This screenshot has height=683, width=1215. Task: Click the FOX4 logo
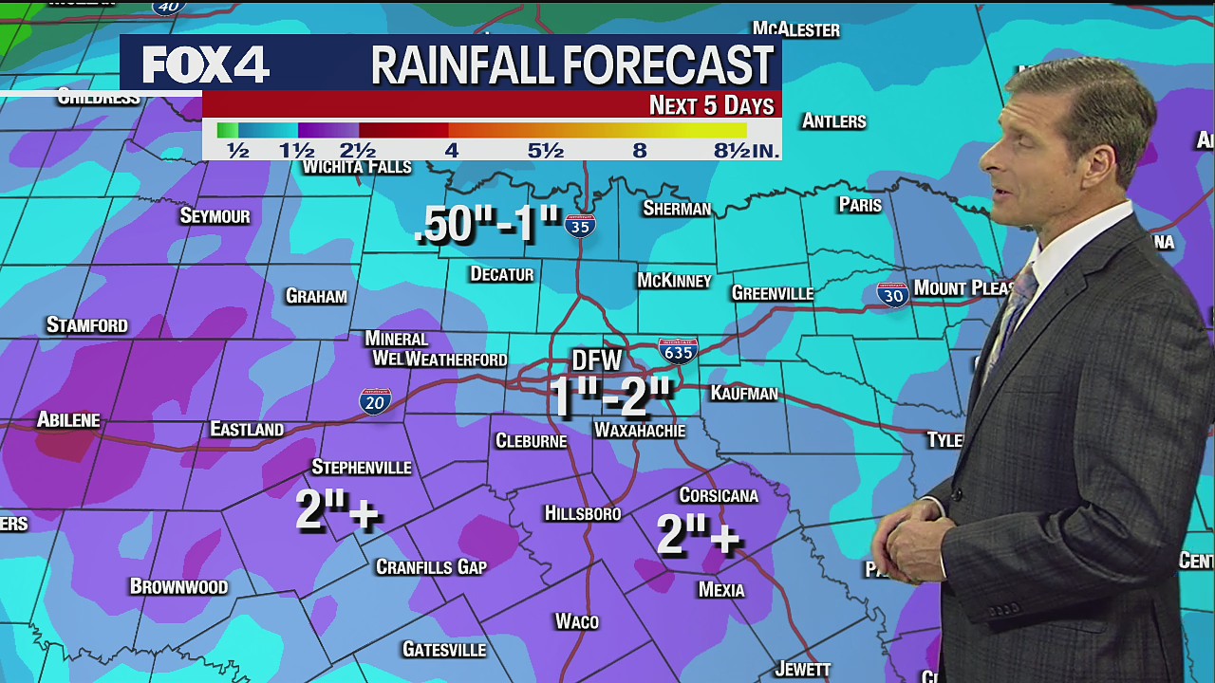click(x=206, y=65)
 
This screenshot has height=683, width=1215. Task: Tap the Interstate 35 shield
click(x=579, y=225)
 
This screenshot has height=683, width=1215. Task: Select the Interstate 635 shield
click(x=678, y=351)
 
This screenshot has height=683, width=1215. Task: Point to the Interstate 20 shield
click(x=375, y=401)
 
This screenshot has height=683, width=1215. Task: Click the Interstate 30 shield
click(x=892, y=294)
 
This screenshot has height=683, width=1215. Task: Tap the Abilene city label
click(x=68, y=419)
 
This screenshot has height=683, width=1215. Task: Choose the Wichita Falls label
click(x=357, y=168)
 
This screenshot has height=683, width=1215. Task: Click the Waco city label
click(x=576, y=621)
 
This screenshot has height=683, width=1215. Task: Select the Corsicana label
click(x=719, y=495)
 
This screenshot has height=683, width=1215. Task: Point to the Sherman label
click(x=677, y=209)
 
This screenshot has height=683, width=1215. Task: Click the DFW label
click(x=596, y=360)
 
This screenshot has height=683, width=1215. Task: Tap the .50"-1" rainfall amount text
click(x=488, y=224)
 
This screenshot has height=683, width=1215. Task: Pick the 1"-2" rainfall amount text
click(x=611, y=397)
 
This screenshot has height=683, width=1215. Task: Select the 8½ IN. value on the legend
click(x=746, y=150)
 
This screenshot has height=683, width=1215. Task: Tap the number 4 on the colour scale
click(x=452, y=150)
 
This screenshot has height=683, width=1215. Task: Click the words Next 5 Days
click(x=711, y=105)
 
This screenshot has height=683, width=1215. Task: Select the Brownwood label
click(x=178, y=586)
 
